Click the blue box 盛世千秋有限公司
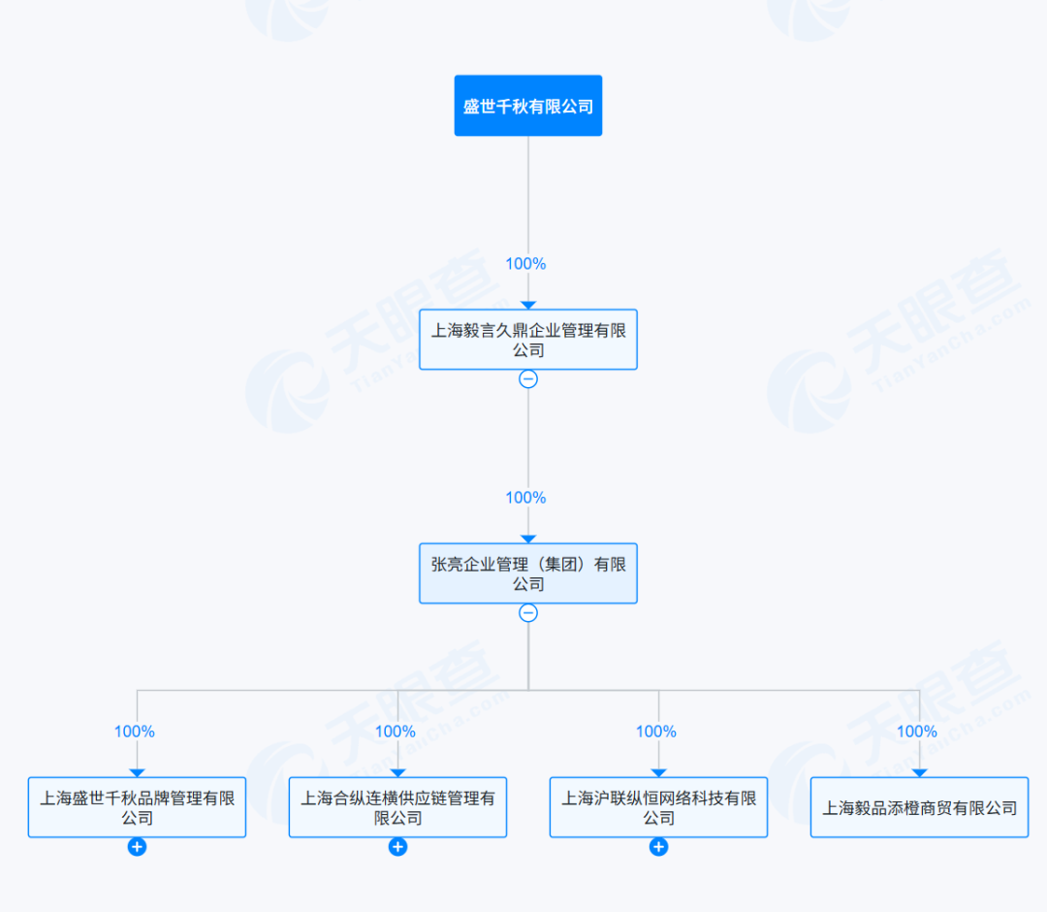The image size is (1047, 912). (x=528, y=106)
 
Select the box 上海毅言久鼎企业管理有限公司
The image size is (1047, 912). (x=528, y=340)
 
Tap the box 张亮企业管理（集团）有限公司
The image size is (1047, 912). (x=528, y=573)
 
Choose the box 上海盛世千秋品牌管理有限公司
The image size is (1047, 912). (x=137, y=807)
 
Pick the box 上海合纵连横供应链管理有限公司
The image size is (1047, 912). (x=398, y=807)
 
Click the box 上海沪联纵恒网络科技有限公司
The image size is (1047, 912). (x=658, y=807)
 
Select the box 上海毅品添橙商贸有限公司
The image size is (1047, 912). (x=919, y=807)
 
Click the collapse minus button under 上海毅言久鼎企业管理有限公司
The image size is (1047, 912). (x=528, y=379)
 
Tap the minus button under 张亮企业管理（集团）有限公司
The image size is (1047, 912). (x=528, y=613)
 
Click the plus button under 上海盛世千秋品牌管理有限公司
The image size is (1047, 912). (x=137, y=847)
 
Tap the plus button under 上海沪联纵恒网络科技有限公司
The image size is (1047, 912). (x=658, y=847)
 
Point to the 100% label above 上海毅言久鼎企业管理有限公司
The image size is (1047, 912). (x=525, y=264)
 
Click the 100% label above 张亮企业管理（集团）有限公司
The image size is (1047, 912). (x=525, y=498)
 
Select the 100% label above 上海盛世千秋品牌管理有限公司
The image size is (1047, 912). (x=134, y=732)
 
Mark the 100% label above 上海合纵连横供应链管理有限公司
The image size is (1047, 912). (x=396, y=732)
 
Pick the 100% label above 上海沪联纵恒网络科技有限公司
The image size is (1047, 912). (x=655, y=732)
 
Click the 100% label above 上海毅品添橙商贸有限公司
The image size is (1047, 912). (x=917, y=732)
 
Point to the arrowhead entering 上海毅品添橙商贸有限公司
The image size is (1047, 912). (x=919, y=773)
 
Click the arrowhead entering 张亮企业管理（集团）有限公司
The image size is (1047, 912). (x=528, y=539)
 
